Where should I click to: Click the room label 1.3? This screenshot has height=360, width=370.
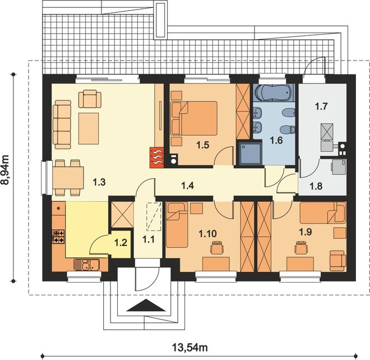99,182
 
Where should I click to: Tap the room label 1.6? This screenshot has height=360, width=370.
276,140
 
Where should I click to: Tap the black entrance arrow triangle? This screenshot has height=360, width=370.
145,306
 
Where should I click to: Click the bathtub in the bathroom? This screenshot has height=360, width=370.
274,93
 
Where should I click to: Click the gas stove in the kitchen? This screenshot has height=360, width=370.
58,237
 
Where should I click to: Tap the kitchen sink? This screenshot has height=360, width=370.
86,265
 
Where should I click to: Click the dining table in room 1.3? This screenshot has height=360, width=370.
68,178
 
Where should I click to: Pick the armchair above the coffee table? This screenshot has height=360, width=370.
90,99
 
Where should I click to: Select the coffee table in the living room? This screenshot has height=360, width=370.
89,128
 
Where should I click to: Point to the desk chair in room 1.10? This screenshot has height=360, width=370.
217,247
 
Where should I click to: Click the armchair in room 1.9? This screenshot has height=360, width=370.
337,261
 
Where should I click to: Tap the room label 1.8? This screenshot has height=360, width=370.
316,186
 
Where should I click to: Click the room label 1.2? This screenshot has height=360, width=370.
121,243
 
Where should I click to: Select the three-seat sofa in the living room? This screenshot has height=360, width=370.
62,124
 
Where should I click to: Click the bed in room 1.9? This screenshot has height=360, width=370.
322,213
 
